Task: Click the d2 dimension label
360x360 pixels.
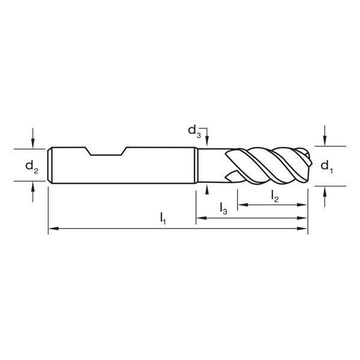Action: pyautogui.click(x=32, y=166)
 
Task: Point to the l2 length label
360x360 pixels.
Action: pyautogui.click(x=274, y=196)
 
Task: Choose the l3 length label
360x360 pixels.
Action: pyautogui.click(x=223, y=208)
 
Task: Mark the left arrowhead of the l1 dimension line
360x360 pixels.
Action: pyautogui.click(x=52, y=229)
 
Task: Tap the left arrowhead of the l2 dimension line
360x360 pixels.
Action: pyautogui.click(x=241, y=205)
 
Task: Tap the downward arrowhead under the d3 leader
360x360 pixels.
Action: pyautogui.click(x=206, y=142)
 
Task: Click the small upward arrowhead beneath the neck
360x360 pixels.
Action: pyautogui.click(x=206, y=189)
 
